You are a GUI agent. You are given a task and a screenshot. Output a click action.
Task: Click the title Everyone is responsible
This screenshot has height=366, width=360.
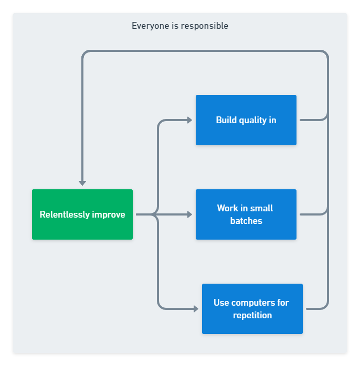[x=180, y=26]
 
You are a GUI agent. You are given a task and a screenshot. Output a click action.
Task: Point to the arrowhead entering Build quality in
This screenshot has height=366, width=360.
[x=189, y=120]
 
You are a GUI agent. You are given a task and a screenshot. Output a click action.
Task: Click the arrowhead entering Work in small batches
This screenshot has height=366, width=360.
[x=189, y=214]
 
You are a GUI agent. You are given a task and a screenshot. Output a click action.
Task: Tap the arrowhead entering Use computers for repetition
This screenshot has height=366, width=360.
[x=196, y=309]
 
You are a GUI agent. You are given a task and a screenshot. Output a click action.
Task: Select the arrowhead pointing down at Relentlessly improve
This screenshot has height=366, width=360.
[x=82, y=182]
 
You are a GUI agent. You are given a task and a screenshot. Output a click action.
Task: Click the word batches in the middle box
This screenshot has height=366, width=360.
[x=246, y=221]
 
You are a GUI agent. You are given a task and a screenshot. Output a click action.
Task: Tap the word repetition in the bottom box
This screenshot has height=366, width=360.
[x=252, y=315]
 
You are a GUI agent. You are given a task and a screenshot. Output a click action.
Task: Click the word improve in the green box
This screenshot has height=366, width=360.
[x=109, y=214]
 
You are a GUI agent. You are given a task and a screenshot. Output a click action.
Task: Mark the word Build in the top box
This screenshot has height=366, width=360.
[x=226, y=120]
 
